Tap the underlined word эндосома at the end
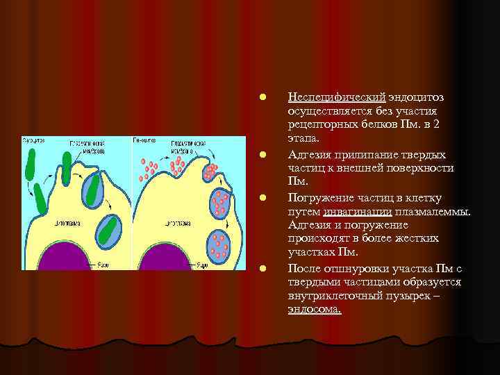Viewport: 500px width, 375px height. pyautogui.click(x=314, y=309)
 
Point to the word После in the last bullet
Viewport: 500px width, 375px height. pyautogui.click(x=303, y=269)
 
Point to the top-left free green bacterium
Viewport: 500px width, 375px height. pyautogui.click(x=31, y=164)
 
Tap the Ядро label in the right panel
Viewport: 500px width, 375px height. pyautogui.click(x=203, y=265)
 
